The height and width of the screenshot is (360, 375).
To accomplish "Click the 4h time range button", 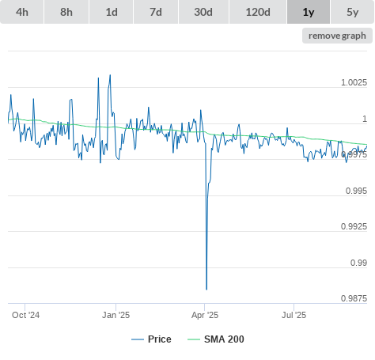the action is tap(22, 12).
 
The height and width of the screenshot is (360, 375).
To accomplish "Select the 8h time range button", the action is tap(66, 12).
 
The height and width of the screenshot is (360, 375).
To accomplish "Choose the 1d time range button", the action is tap(112, 12).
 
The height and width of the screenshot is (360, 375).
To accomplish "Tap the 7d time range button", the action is tap(156, 12).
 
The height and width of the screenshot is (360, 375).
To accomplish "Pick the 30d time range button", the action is tap(203, 12).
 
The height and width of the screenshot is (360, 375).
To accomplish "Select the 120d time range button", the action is tap(258, 12).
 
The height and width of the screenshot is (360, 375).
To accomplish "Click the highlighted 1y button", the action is tap(309, 12).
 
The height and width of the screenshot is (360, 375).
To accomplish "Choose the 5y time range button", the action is tap(353, 12).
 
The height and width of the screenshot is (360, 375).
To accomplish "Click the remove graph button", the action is tap(337, 36).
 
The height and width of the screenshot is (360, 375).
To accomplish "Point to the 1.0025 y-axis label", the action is tap(354, 82).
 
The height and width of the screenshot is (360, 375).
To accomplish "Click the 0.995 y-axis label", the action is tap(356, 191).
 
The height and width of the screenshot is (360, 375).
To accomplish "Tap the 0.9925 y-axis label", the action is tap(354, 226).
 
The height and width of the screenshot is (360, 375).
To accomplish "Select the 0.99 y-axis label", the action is tap(358, 263).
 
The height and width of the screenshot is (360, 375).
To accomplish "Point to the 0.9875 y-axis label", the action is tap(354, 298).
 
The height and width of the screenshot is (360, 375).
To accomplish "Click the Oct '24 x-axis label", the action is tap(26, 315).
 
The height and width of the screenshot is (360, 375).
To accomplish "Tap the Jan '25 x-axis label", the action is tap(116, 315).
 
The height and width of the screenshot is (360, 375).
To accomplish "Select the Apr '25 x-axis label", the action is tap(205, 315).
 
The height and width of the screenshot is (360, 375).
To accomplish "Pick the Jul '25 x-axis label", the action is tap(294, 315).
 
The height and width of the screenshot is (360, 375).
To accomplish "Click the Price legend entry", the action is tap(151, 339).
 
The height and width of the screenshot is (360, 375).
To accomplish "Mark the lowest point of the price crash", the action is tap(206, 290).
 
